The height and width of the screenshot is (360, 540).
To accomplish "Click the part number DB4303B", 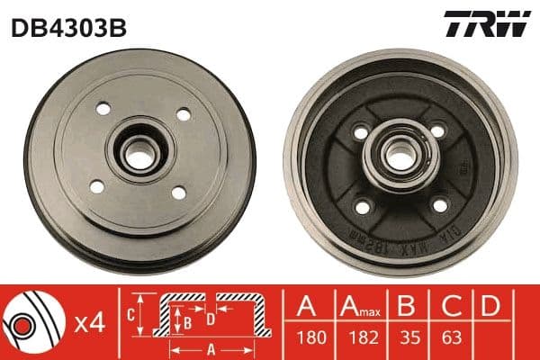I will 67,26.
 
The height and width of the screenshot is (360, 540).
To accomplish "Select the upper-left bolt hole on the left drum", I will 101,109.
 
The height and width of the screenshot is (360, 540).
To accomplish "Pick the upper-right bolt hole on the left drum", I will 184,114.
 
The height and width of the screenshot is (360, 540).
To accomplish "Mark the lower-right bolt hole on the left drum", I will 177,192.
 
